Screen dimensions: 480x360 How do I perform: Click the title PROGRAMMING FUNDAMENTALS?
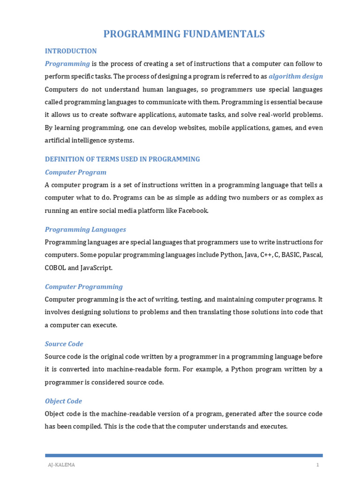click(x=184, y=34)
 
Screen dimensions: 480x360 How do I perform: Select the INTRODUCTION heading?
click(x=71, y=51)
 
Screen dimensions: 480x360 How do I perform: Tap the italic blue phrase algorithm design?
click(x=296, y=76)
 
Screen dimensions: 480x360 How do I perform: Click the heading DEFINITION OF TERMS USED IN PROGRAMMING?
click(x=122, y=159)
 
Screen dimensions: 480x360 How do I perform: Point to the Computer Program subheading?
click(x=75, y=172)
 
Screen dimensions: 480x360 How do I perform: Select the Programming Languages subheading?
click(x=85, y=230)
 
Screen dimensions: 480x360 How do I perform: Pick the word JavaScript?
click(x=97, y=268)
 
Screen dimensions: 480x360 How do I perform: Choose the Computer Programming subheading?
click(x=84, y=287)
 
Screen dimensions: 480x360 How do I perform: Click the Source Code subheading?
click(x=64, y=344)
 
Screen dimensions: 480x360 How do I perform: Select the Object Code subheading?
click(x=63, y=401)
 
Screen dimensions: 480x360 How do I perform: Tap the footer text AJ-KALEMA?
click(x=61, y=465)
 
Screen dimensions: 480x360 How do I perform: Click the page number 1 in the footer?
click(x=317, y=465)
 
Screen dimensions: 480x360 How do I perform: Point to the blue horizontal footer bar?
click(x=184, y=455)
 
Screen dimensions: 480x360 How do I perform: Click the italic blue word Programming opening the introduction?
click(x=67, y=64)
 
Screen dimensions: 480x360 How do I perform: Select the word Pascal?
click(x=313, y=255)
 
